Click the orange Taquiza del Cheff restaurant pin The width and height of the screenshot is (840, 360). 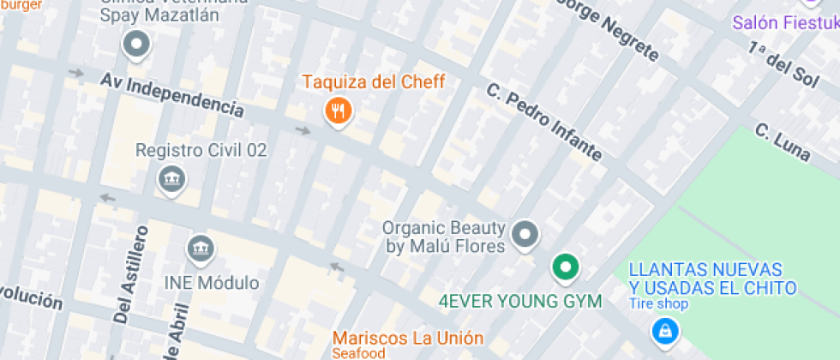click(x=339, y=111)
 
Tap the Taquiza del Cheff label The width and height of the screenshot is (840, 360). click(x=373, y=82)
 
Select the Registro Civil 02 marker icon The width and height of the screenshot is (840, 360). click(x=172, y=179)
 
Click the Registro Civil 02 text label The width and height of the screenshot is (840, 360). click(x=201, y=151)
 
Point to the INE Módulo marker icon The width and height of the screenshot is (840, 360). click(x=201, y=249)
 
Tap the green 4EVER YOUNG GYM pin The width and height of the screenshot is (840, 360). click(x=565, y=267)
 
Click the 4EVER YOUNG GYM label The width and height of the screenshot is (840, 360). click(x=520, y=302)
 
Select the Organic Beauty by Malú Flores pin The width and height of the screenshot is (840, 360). click(x=525, y=233)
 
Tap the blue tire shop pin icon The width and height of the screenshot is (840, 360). click(x=663, y=330)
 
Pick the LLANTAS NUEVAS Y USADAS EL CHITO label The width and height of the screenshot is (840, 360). click(x=712, y=279)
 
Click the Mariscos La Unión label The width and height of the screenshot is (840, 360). click(x=407, y=338)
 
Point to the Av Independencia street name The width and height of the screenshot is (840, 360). click(x=171, y=93)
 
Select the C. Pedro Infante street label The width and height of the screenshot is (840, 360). click(x=543, y=121)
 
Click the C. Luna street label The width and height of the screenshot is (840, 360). click(x=782, y=142)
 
